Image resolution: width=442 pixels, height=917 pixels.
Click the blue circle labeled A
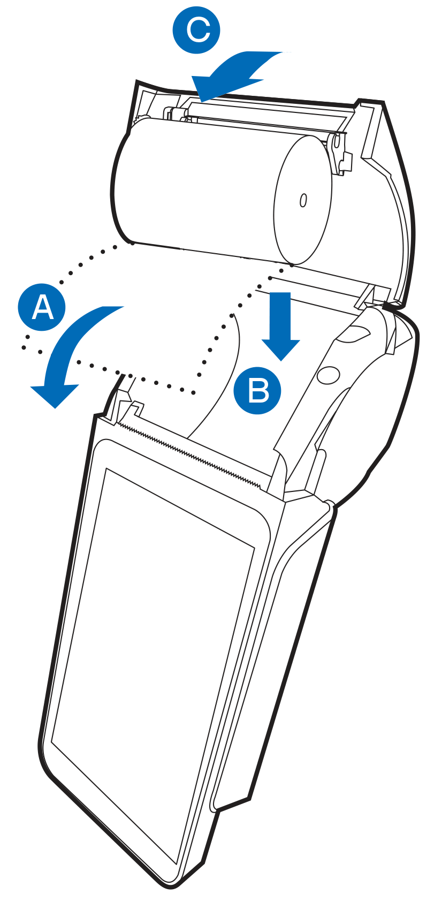[42, 307]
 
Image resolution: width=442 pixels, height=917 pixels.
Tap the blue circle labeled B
[257, 390]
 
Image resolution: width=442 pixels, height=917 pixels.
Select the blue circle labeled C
[196, 29]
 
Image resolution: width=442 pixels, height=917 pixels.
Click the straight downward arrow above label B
[281, 325]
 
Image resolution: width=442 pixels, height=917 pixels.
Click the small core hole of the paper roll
[303, 200]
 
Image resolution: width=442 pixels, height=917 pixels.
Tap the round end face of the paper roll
[302, 199]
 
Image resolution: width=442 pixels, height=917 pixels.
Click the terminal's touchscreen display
[154, 671]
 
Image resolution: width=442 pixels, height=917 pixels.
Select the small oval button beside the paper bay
[328, 375]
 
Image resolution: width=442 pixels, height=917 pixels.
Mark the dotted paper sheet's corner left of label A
[24, 347]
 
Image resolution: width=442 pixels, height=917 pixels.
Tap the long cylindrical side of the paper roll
[196, 188]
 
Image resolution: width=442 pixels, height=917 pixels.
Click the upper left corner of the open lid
[136, 81]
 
